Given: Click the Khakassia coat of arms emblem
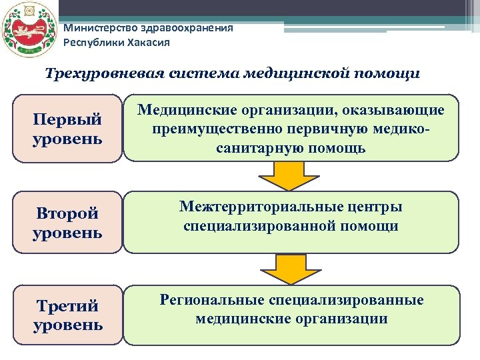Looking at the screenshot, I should [27, 31].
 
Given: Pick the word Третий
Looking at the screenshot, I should [67, 306].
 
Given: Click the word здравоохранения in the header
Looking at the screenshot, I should [193, 28].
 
